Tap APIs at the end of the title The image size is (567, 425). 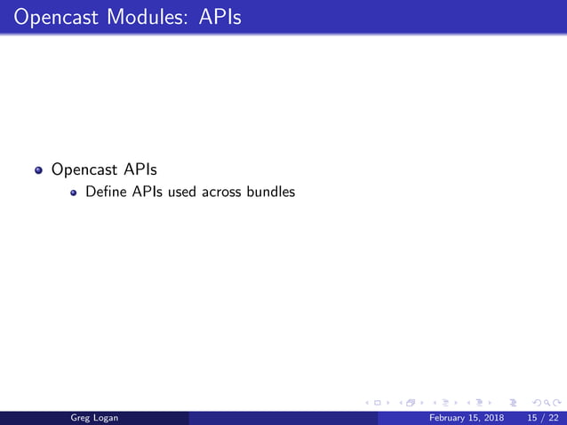tap(216, 17)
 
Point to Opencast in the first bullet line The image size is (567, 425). tap(86, 169)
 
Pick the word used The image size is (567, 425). tap(183, 191)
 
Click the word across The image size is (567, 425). tap(224, 191)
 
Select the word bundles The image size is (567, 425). tap(272, 191)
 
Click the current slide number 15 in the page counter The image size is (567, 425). tap(532, 417)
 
